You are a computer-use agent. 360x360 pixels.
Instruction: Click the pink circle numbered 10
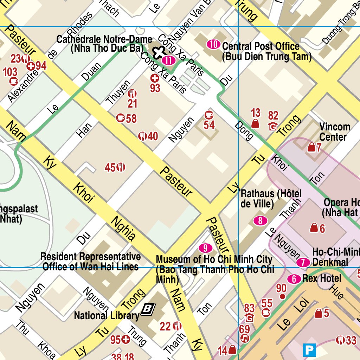pos(213,44)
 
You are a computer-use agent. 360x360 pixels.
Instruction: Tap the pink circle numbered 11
pos(169,60)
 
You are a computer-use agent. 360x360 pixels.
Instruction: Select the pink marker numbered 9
pos(205,248)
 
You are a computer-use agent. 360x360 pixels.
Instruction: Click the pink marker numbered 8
pos(260,221)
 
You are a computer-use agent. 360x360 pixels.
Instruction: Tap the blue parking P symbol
pos(310,350)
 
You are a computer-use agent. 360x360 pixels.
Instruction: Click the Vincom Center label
pos(334,132)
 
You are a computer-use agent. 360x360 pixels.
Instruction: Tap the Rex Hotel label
pos(325,278)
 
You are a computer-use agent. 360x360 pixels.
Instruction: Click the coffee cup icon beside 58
pos(121,118)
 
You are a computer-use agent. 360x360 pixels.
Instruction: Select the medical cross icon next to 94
pos(31,66)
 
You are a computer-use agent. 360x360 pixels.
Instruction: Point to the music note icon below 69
pos(245,338)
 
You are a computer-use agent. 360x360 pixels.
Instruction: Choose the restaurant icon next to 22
pos(177,326)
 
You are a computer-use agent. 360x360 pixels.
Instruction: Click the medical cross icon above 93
pos(154,78)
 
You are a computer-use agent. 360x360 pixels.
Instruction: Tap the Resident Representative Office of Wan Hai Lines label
pos(90,262)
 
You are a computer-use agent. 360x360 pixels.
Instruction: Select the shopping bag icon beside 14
pos(232,350)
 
